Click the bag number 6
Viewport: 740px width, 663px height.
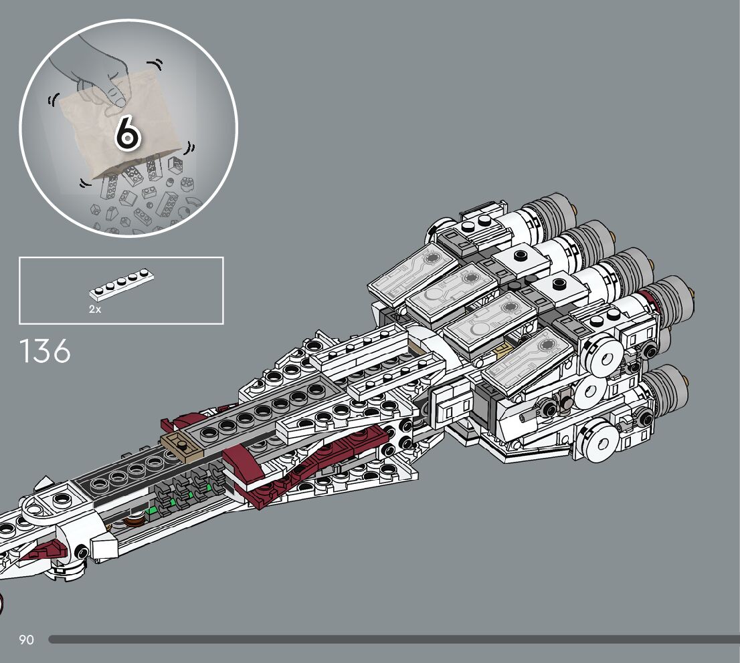pos(127,132)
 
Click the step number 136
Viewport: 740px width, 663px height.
pos(45,352)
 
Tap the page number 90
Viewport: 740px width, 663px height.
pos(26,640)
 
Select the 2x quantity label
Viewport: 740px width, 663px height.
pos(95,309)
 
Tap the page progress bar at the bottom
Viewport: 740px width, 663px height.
pos(395,640)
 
